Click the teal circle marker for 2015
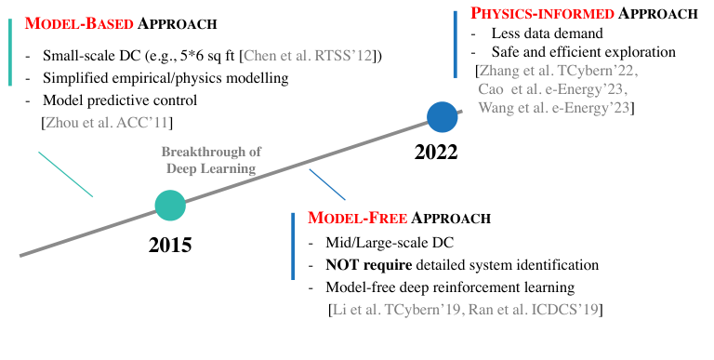pyautogui.click(x=169, y=205)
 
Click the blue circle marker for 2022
pyautogui.click(x=443, y=116)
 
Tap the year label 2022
pyautogui.click(x=436, y=152)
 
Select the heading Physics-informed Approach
pyautogui.click(x=584, y=14)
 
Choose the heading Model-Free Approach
pyautogui.click(x=398, y=220)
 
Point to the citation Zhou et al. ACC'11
pyautogui.click(x=107, y=122)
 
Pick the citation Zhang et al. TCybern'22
pyautogui.click(x=556, y=70)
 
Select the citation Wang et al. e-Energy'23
pyautogui.click(x=556, y=108)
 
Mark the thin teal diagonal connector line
pyautogui.click(x=65, y=174)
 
